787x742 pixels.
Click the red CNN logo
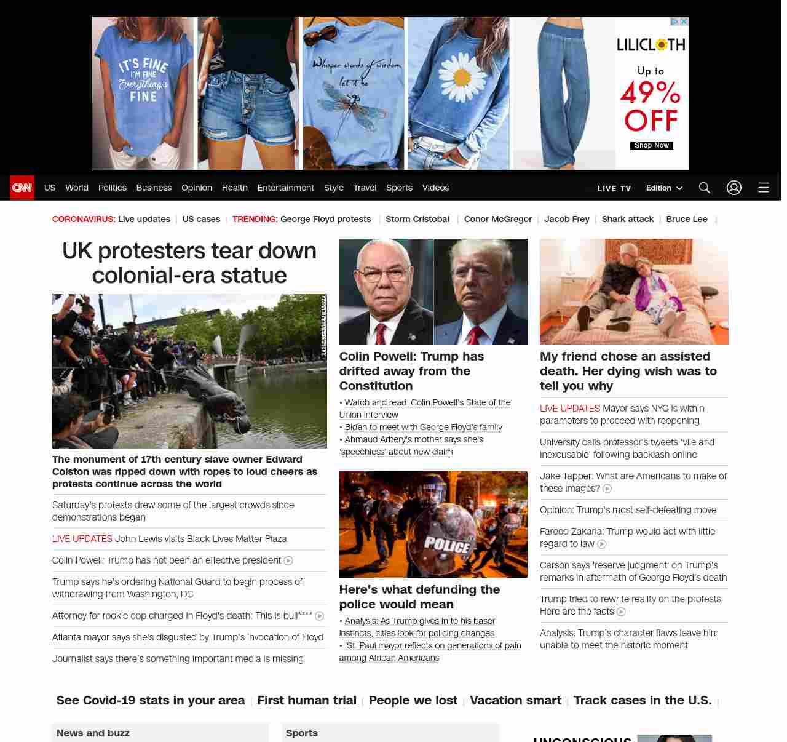[x=22, y=188]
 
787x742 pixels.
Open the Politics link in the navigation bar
[x=112, y=188]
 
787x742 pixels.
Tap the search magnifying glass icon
[x=705, y=188]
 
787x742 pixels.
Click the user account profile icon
[x=734, y=188]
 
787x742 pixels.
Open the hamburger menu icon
[x=764, y=188]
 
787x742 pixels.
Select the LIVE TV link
[x=614, y=188]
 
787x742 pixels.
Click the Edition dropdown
[x=664, y=188]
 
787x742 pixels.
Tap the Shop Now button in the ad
[x=652, y=146]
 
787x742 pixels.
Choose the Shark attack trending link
[x=627, y=219]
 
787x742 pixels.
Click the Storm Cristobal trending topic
[x=417, y=219]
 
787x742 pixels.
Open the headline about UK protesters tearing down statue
[x=189, y=263]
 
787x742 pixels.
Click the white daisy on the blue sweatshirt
[x=461, y=77]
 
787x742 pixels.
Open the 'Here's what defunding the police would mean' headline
[x=419, y=597]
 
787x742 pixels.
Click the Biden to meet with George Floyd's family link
[x=423, y=427]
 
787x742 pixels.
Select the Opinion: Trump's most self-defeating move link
[x=628, y=510]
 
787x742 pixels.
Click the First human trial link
[x=307, y=700]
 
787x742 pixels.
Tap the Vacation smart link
[x=515, y=700]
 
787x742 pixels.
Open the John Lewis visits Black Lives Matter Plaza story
[x=200, y=539]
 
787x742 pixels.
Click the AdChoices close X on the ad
[x=684, y=22]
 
